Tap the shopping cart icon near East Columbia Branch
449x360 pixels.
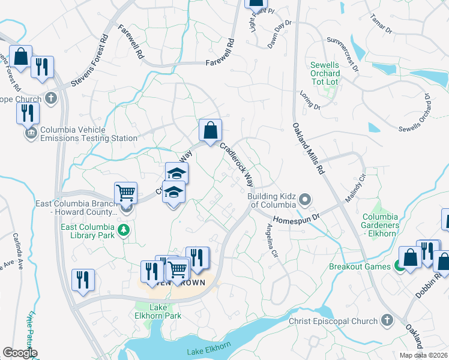pos(125,193)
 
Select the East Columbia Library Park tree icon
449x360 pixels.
pos(124,230)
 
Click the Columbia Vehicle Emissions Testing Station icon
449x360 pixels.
pos(31,133)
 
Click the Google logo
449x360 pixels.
pos(20,353)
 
